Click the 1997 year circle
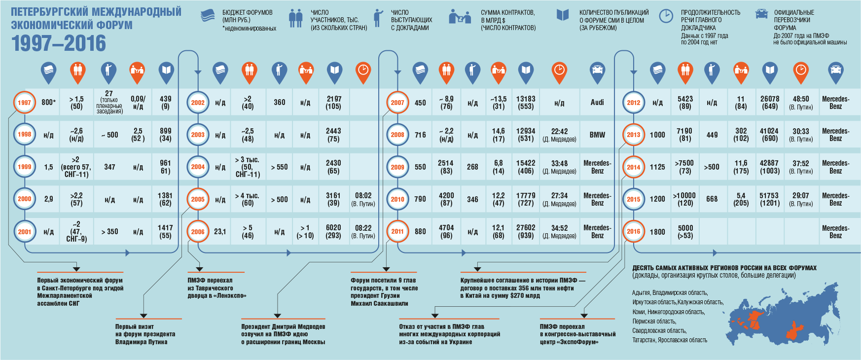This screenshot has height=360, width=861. (24, 103)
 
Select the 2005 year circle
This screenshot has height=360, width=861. (198, 199)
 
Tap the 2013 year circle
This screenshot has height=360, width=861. (633, 135)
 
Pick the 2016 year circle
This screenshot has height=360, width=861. (633, 231)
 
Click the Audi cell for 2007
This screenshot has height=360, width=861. (597, 103)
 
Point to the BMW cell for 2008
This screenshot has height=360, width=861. (597, 135)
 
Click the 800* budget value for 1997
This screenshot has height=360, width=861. (48, 103)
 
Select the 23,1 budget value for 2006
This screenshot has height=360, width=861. (220, 231)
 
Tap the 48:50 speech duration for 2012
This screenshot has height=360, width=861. (801, 103)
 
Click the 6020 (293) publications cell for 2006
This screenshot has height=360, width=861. (333, 231)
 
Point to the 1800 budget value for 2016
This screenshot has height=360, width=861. (657, 232)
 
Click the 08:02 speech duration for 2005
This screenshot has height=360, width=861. (363, 199)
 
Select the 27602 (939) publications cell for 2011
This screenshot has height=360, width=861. (526, 231)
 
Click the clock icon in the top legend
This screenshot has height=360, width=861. (666, 16)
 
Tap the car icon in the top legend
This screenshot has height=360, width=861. (761, 14)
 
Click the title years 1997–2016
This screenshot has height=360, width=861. (59, 43)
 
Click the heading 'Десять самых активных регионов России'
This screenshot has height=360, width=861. (724, 268)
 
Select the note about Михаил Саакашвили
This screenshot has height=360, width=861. (384, 292)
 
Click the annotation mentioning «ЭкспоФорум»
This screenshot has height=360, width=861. (577, 334)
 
